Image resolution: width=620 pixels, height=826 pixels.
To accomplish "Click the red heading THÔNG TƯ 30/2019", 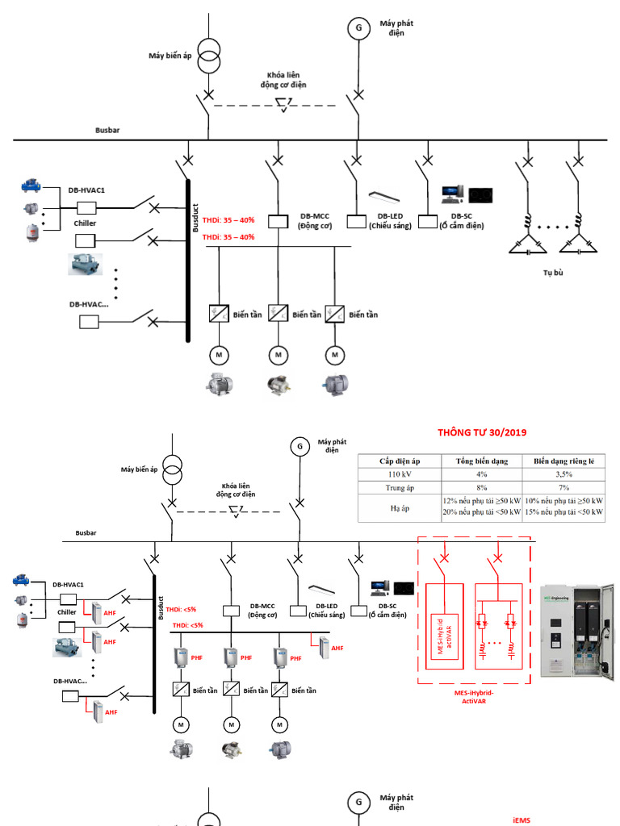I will click(x=482, y=432).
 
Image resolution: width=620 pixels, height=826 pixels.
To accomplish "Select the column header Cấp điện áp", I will click(x=400, y=461).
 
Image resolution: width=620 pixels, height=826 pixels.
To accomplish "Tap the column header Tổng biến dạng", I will click(x=481, y=461).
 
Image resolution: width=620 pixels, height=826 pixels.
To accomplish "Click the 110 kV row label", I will click(x=400, y=474).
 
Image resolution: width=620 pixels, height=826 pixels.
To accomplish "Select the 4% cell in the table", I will click(x=481, y=474).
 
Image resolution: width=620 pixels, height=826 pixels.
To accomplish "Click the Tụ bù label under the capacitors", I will click(x=552, y=273).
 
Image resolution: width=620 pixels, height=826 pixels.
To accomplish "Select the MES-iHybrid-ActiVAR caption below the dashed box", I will click(x=475, y=697).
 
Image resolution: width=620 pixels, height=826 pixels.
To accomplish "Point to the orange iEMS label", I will click(x=522, y=820).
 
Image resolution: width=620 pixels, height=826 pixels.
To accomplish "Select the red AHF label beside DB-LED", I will click(x=337, y=648).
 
